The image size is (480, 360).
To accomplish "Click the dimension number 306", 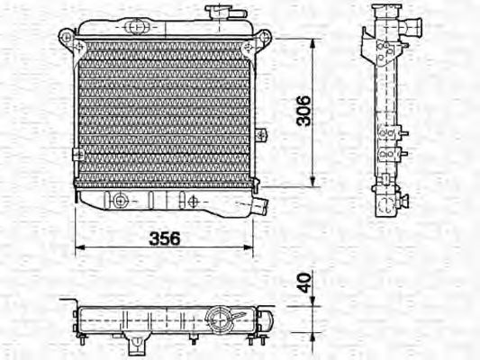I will coord(303,110).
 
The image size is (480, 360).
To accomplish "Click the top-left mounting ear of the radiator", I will coord(66,37).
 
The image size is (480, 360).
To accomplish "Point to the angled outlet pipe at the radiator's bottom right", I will coord(260,205).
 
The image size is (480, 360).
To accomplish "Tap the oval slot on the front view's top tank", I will coord(135,26).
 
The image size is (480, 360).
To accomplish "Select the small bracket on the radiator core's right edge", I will coord(260,135).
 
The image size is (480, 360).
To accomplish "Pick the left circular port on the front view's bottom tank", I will coord(114,199).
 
